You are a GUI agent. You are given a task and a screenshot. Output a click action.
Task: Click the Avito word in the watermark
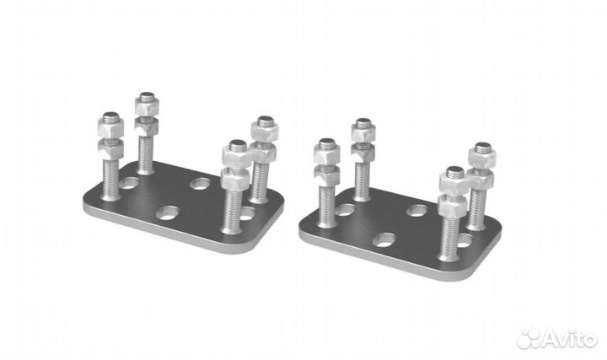coord(571,339)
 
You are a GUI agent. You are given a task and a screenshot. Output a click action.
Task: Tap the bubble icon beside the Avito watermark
coord(529,339)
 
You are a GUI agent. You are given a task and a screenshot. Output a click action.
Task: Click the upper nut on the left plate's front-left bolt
coord(110,127)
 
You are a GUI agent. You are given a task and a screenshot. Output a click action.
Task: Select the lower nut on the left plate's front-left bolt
coord(110,148)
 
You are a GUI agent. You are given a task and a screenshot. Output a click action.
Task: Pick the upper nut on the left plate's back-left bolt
coord(147,105)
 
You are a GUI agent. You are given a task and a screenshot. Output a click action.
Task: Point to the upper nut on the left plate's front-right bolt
coord(237,156)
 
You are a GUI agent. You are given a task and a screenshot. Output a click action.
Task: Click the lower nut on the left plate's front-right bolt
coord(235,179)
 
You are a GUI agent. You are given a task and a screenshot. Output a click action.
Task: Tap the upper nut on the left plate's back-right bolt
coord(265,131)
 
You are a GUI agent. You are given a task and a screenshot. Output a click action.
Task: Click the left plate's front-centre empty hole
coord(169,212)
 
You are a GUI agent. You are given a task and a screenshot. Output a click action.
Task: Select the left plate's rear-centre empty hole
coord(200,184)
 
